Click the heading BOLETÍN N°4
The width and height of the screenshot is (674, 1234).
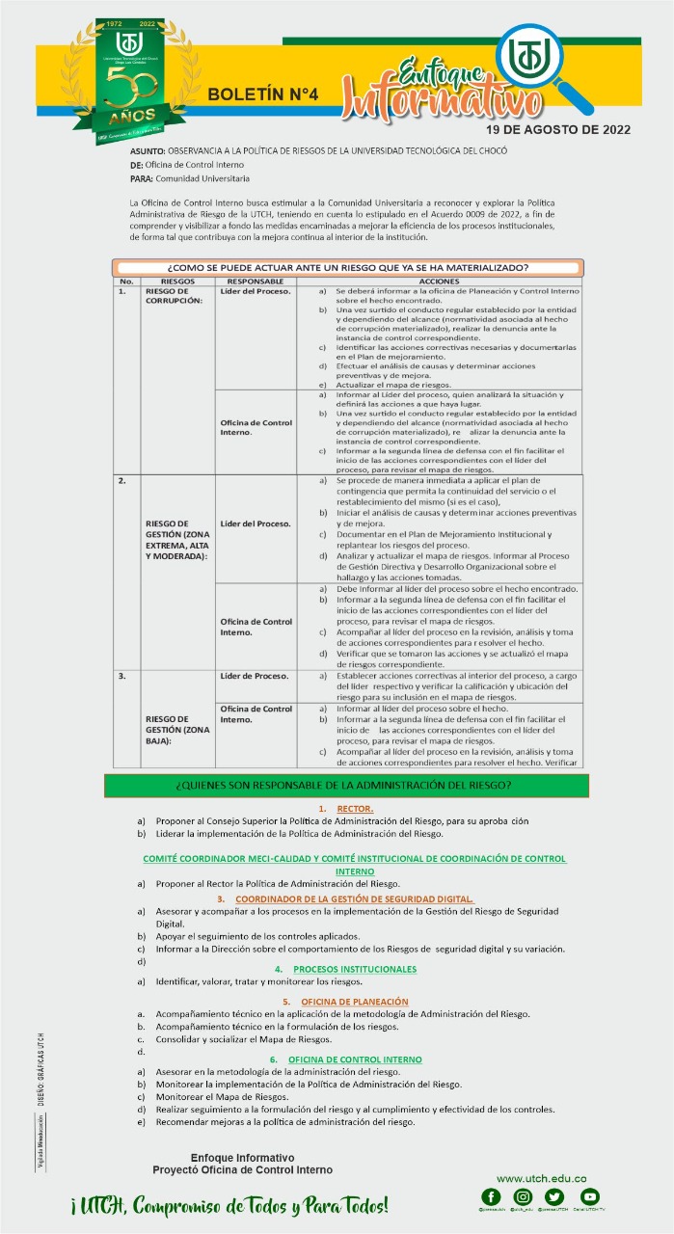click(262, 94)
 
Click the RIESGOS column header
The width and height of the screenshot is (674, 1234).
click(177, 281)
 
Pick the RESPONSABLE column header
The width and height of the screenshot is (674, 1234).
click(256, 281)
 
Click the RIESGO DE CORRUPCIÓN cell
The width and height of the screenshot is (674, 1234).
click(174, 295)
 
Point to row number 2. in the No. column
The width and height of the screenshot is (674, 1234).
click(121, 480)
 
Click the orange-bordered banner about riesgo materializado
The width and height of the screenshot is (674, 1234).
click(346, 267)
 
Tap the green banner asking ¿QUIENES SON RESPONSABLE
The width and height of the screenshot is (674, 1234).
click(342, 785)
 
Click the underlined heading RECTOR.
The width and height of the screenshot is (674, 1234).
click(354, 808)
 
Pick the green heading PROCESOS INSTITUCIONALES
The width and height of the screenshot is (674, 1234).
click(354, 969)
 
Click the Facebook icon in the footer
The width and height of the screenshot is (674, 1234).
click(492, 1197)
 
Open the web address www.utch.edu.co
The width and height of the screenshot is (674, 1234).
click(541, 1179)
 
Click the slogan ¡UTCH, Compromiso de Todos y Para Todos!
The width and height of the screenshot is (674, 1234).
click(229, 1206)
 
